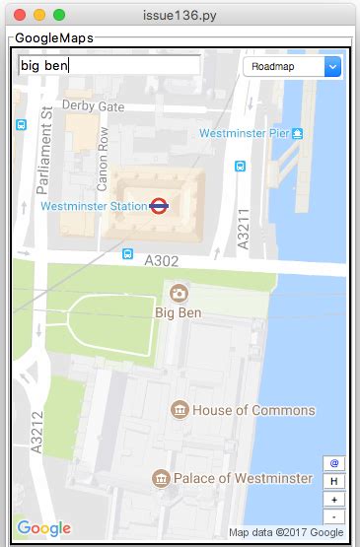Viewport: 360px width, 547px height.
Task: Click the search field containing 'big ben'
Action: pyautogui.click(x=108, y=66)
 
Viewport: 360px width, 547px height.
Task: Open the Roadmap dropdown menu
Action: pyautogui.click(x=291, y=66)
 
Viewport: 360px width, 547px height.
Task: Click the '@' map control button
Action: pyautogui.click(x=334, y=463)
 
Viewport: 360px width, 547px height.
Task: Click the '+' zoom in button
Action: pyautogui.click(x=334, y=499)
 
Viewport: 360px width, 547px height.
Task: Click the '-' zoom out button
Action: pyautogui.click(x=334, y=515)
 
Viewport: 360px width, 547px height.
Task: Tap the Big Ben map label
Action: pyautogui.click(x=179, y=312)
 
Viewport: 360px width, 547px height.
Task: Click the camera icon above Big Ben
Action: pyautogui.click(x=179, y=293)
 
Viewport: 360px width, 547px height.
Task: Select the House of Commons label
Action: pyautogui.click(x=253, y=410)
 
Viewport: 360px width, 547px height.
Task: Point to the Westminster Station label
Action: pyautogui.click(x=93, y=207)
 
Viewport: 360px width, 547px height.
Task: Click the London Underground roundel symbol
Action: pyautogui.click(x=158, y=206)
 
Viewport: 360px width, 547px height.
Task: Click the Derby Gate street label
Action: pyautogui.click(x=93, y=105)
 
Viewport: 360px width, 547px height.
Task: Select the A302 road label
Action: pyautogui.click(x=162, y=261)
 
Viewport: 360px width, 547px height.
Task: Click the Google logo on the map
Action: pyautogui.click(x=43, y=528)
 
